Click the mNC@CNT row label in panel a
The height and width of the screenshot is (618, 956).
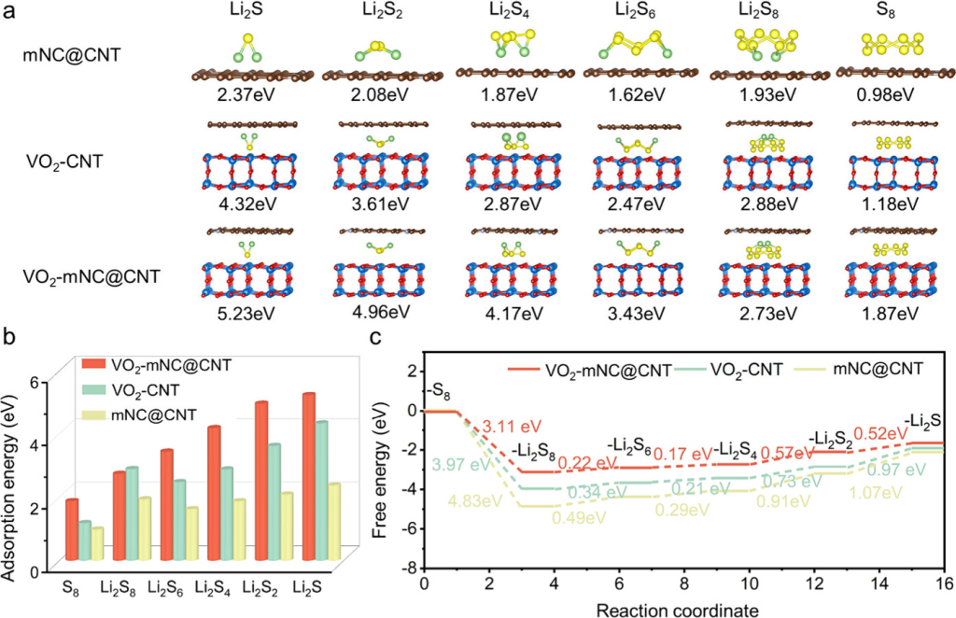pos(70,55)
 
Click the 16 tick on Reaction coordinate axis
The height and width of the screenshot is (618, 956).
pos(943,584)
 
